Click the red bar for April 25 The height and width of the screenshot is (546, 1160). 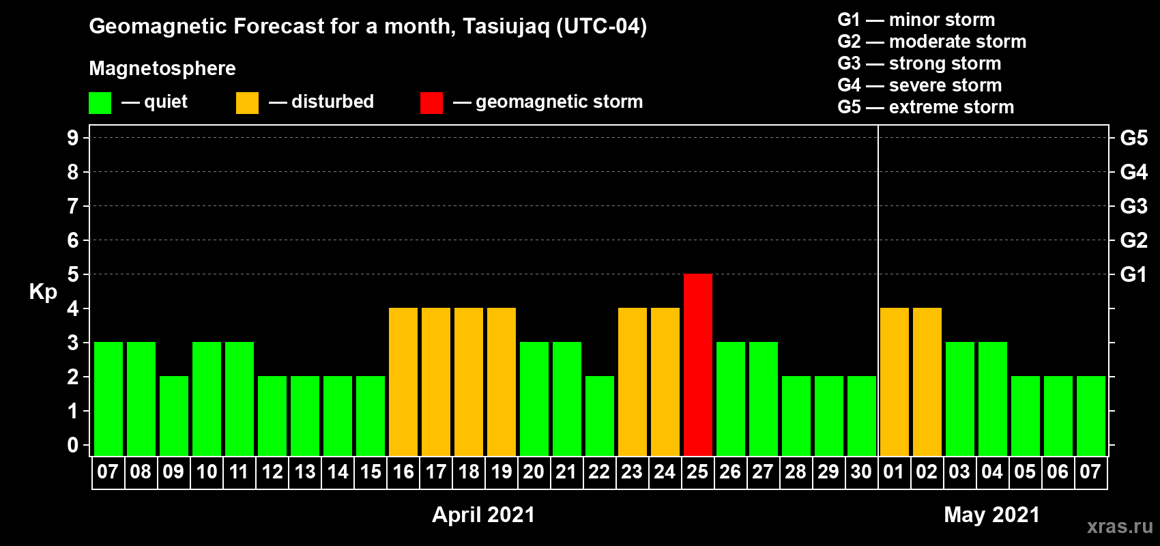point(697,364)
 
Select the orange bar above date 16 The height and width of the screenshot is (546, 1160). point(403,382)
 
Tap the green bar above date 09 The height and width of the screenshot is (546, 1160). point(173,416)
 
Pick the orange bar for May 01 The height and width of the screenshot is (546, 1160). point(895,382)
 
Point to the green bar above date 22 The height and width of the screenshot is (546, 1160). point(600,416)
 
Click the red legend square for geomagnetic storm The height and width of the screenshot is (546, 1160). point(432,102)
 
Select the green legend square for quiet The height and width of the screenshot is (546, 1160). point(100,102)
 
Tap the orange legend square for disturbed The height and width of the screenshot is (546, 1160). point(247,102)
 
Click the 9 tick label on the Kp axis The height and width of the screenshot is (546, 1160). point(72,138)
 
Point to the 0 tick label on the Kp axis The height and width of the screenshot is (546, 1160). point(72,445)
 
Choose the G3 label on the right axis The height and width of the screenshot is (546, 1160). point(1134,206)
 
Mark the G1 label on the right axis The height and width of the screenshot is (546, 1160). point(1134,274)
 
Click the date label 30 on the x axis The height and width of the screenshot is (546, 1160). point(861,472)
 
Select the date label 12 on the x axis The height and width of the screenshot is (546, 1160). point(272,472)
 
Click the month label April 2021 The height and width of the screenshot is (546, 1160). point(484,515)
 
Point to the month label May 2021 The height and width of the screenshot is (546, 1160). point(992,515)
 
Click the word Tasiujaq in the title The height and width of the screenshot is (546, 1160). point(506,27)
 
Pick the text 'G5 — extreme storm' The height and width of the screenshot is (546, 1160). point(926,107)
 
